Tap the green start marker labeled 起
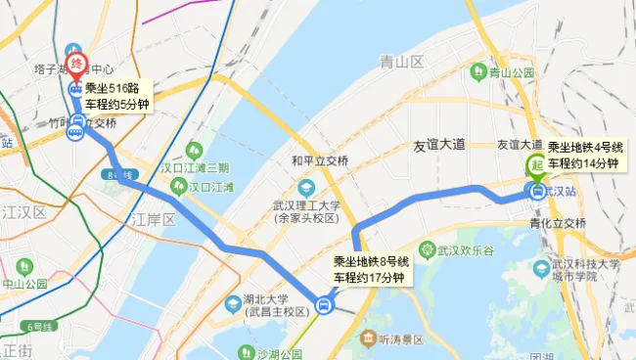(x=536, y=166)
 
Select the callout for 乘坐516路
(x=117, y=97)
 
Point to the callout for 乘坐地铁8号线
(x=371, y=270)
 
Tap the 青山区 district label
(x=402, y=62)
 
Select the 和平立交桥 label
(x=319, y=160)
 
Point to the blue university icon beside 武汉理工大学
(x=307, y=187)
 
